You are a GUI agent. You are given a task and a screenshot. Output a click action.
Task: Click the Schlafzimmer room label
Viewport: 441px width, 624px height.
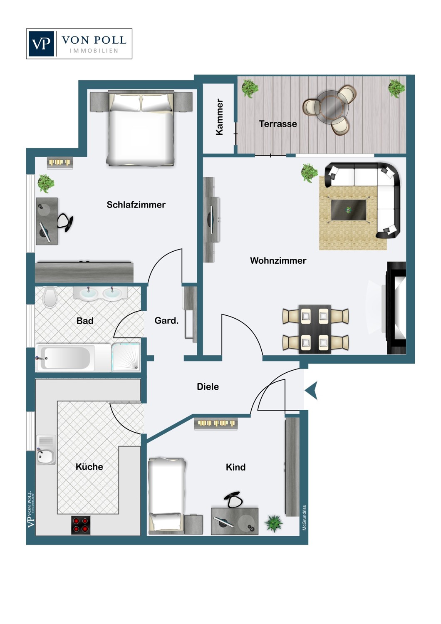(136, 205)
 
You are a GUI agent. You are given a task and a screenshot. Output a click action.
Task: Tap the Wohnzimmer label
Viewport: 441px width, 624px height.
(278, 260)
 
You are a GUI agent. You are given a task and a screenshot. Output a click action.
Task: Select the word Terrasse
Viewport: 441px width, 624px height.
(278, 124)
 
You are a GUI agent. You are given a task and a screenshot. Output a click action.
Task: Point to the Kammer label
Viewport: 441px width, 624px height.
(220, 117)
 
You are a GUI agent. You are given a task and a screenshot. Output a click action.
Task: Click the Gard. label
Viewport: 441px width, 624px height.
(166, 321)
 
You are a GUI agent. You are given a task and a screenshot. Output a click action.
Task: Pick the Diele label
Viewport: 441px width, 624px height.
(208, 386)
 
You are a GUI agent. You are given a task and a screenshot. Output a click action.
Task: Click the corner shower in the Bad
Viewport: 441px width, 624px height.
(125, 357)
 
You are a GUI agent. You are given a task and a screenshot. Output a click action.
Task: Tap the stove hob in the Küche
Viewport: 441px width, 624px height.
(81, 525)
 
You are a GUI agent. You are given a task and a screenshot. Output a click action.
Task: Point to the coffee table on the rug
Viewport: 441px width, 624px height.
(349, 210)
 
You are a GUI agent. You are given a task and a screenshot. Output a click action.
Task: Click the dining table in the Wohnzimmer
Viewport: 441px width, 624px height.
(315, 329)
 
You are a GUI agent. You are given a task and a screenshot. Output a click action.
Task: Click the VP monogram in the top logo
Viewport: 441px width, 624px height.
(41, 44)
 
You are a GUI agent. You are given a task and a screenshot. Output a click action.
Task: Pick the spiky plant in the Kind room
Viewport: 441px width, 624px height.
(274, 523)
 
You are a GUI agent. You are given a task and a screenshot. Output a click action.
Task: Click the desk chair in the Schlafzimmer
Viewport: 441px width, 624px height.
(66, 222)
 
